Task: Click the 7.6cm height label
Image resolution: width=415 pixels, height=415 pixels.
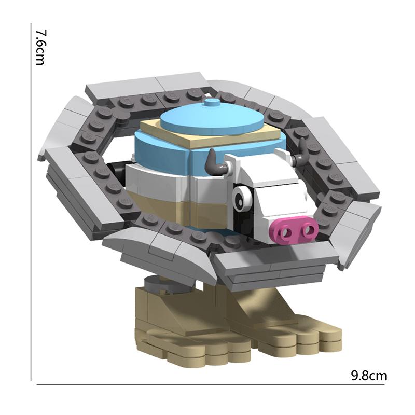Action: [40, 47]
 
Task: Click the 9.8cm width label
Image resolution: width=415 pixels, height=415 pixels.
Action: [369, 375]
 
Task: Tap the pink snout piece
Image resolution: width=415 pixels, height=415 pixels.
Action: [294, 230]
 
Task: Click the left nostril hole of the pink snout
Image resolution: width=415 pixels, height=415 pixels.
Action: [286, 232]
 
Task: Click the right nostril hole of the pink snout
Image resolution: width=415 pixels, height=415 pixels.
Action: [308, 230]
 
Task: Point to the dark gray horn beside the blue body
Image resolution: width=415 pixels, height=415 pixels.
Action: [216, 163]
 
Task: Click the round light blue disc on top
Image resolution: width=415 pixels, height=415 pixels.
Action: [212, 119]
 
